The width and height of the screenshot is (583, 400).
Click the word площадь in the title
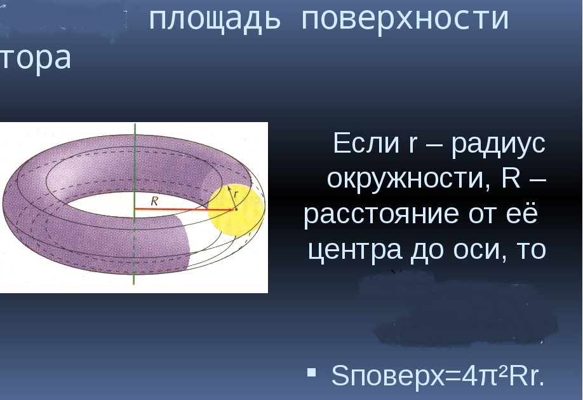click(x=215, y=19)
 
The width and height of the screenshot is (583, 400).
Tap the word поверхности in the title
click(x=405, y=19)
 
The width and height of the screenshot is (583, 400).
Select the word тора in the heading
click(x=35, y=59)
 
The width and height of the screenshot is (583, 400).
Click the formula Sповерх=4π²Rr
click(x=438, y=376)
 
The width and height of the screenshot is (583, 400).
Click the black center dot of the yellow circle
click(x=234, y=209)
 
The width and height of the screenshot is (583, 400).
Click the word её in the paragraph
click(x=523, y=215)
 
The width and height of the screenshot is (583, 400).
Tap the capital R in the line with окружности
click(x=511, y=179)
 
